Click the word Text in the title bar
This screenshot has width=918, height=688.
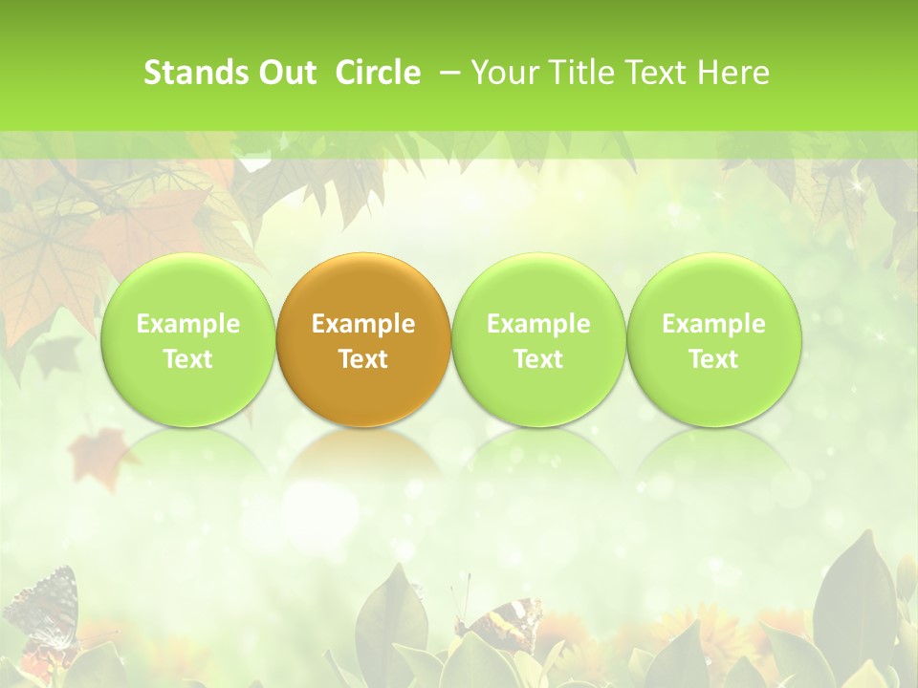658,73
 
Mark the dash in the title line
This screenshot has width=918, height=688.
447,73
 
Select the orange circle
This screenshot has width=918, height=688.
362,339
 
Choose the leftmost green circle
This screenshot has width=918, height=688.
187,339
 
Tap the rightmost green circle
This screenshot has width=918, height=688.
713,339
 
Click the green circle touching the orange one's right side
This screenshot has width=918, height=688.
538,339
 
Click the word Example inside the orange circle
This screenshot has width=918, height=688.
363,324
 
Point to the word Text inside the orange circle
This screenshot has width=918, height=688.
363,359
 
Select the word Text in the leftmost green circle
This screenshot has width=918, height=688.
188,359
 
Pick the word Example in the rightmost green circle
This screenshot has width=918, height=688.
713,324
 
